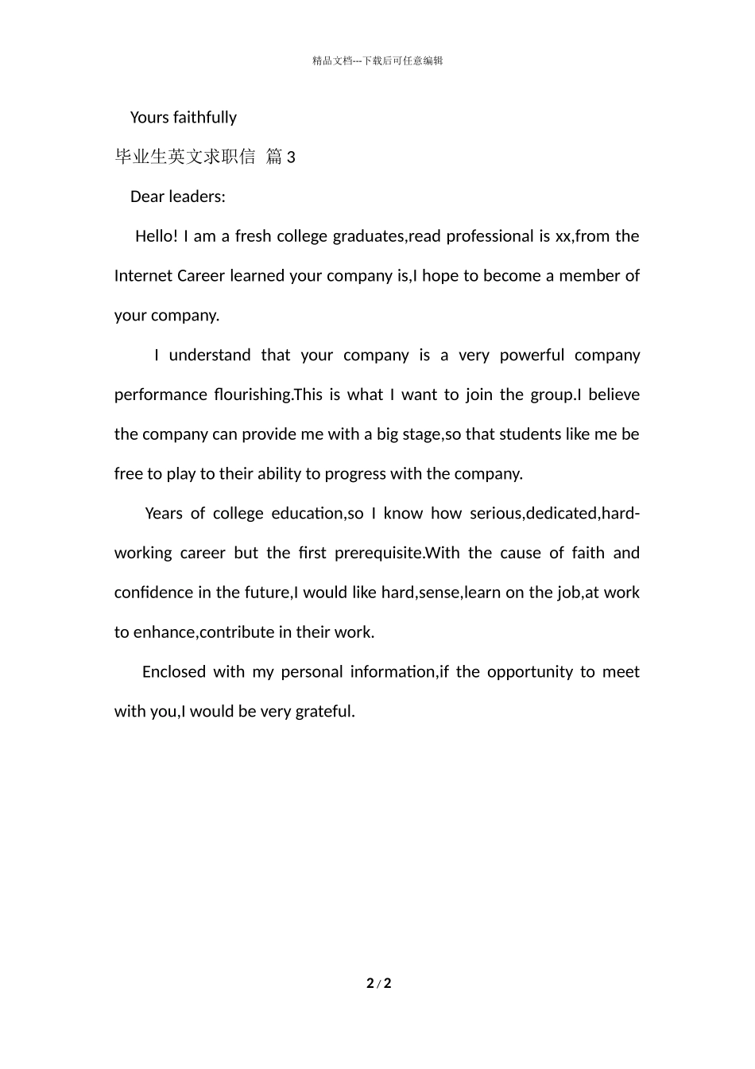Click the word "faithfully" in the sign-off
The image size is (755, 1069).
click(x=204, y=118)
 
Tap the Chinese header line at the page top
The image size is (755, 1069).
click(x=377, y=61)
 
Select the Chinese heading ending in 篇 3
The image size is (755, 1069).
click(x=205, y=157)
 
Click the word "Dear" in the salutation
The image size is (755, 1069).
click(x=147, y=197)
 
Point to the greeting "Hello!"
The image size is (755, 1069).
click(x=157, y=236)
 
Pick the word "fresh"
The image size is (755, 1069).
click(x=254, y=236)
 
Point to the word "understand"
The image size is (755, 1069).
click(x=210, y=356)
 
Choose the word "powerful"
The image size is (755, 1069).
click(x=532, y=356)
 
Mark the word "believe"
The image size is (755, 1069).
click(x=614, y=395)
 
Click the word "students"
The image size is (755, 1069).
click(x=528, y=434)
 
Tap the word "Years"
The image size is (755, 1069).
click(x=164, y=514)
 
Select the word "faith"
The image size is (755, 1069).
click(x=588, y=554)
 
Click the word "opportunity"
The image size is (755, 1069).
click(x=529, y=672)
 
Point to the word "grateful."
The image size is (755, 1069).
click(x=325, y=712)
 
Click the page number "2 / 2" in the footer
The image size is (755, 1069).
click(x=379, y=984)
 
